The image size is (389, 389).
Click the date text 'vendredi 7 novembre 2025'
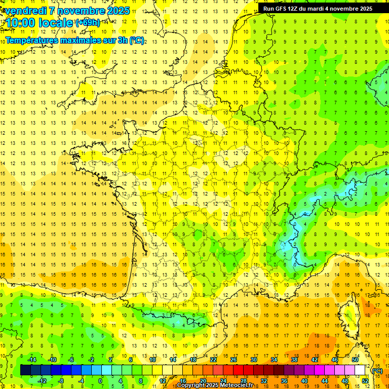click(67, 11)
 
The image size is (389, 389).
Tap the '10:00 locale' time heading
click(40, 23)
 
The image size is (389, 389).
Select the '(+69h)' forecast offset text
click(87, 22)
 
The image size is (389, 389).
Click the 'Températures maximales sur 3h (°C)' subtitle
click(74, 40)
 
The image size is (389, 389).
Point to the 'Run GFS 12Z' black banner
click(318, 9)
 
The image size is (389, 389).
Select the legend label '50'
click(355, 360)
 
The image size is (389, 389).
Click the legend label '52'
click(365, 381)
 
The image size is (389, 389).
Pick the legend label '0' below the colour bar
click(100, 381)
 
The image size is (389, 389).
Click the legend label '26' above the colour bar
click(234, 360)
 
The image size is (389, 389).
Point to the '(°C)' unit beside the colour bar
click(377, 371)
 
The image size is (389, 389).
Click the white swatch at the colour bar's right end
click(360, 370)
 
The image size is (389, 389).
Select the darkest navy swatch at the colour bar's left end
click(25, 370)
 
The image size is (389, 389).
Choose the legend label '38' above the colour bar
click(294, 360)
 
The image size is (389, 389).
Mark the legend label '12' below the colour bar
click(163, 381)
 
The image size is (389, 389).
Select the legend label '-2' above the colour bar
click(92, 360)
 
